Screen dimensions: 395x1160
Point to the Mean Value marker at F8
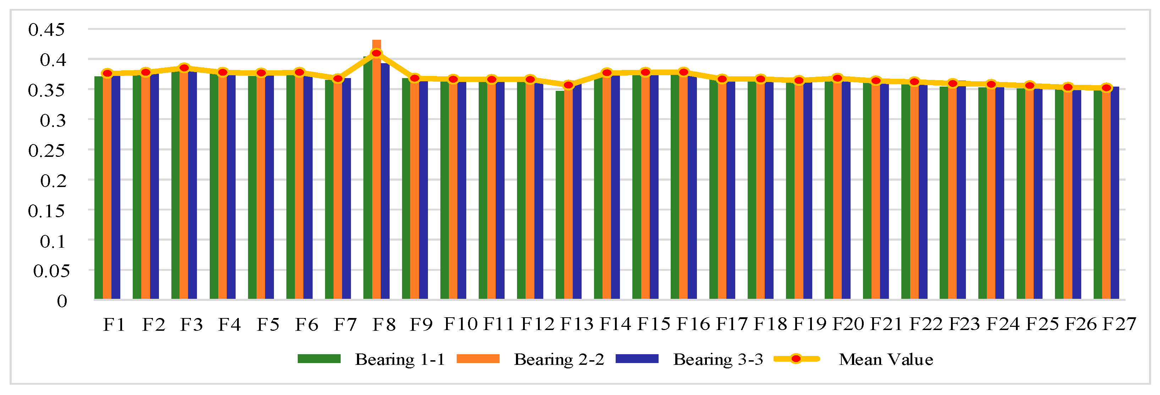pos(376,53)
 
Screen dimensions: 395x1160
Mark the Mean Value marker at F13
pos(568,85)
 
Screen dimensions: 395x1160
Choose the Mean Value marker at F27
pos(1106,88)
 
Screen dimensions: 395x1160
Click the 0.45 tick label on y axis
pos(46,30)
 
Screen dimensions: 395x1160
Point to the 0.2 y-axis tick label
pos(53,181)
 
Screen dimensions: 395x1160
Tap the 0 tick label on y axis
pos(62,301)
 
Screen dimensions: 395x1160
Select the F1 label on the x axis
pos(114,324)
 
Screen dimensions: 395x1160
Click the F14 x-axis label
pos(615,324)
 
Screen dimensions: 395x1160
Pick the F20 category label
pos(847,324)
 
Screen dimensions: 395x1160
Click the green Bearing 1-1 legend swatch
pos(319,358)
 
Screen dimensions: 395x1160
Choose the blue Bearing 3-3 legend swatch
pos(637,358)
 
